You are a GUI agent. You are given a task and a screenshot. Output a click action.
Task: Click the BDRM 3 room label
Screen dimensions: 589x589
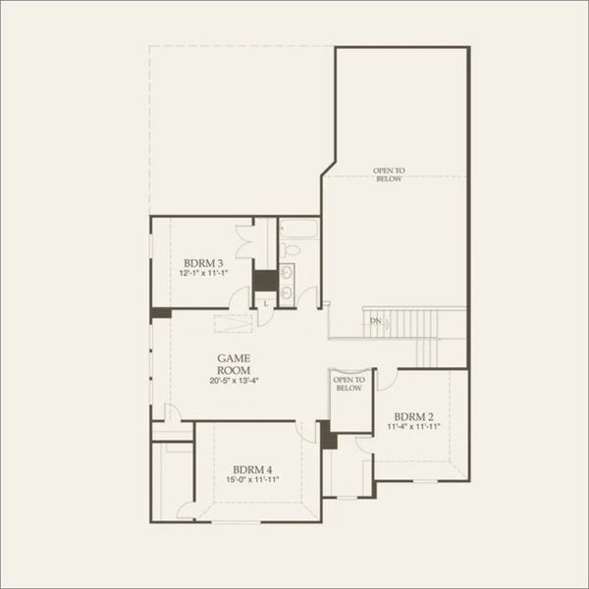pos(203,263)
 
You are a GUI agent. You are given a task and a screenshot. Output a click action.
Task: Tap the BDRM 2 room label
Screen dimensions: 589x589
pos(413,416)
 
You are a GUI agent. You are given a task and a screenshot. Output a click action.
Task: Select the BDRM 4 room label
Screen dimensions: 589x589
pos(252,469)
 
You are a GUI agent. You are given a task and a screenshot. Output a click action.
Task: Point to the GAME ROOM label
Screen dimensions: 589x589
pos(234,364)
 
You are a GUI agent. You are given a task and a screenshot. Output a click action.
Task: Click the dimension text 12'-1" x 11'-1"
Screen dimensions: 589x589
pos(203,273)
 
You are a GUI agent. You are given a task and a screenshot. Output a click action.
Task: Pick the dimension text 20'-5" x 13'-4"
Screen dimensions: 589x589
pos(235,381)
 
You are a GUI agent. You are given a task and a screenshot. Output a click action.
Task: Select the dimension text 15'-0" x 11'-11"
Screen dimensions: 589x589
pos(252,480)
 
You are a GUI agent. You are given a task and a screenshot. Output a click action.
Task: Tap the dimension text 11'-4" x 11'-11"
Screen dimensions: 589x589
pos(413,427)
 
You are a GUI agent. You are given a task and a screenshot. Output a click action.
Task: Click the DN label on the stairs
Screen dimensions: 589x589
pos(376,321)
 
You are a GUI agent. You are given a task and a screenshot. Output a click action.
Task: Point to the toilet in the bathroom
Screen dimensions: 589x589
pos(291,249)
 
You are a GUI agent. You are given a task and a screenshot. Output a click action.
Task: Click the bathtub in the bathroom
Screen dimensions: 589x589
pos(299,229)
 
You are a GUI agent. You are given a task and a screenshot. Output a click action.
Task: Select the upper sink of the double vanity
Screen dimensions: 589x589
pos(287,272)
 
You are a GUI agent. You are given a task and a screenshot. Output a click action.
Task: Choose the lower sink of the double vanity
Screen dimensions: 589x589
pos(287,292)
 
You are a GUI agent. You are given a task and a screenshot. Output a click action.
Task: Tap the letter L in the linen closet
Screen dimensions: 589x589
pos(266,303)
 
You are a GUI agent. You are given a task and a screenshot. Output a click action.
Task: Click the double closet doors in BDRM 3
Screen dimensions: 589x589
pos(244,241)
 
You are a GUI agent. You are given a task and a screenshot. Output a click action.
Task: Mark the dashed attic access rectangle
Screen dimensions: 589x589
pos(233,324)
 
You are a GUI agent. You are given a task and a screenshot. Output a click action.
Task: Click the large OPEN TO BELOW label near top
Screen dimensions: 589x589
pos(389,175)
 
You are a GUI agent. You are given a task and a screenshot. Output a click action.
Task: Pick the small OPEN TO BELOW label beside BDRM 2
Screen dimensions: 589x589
pos(348,384)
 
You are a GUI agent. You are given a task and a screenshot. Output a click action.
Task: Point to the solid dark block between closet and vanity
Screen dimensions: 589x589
pos(265,280)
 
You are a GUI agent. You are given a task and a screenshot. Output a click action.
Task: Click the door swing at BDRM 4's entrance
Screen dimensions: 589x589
pos(305,432)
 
